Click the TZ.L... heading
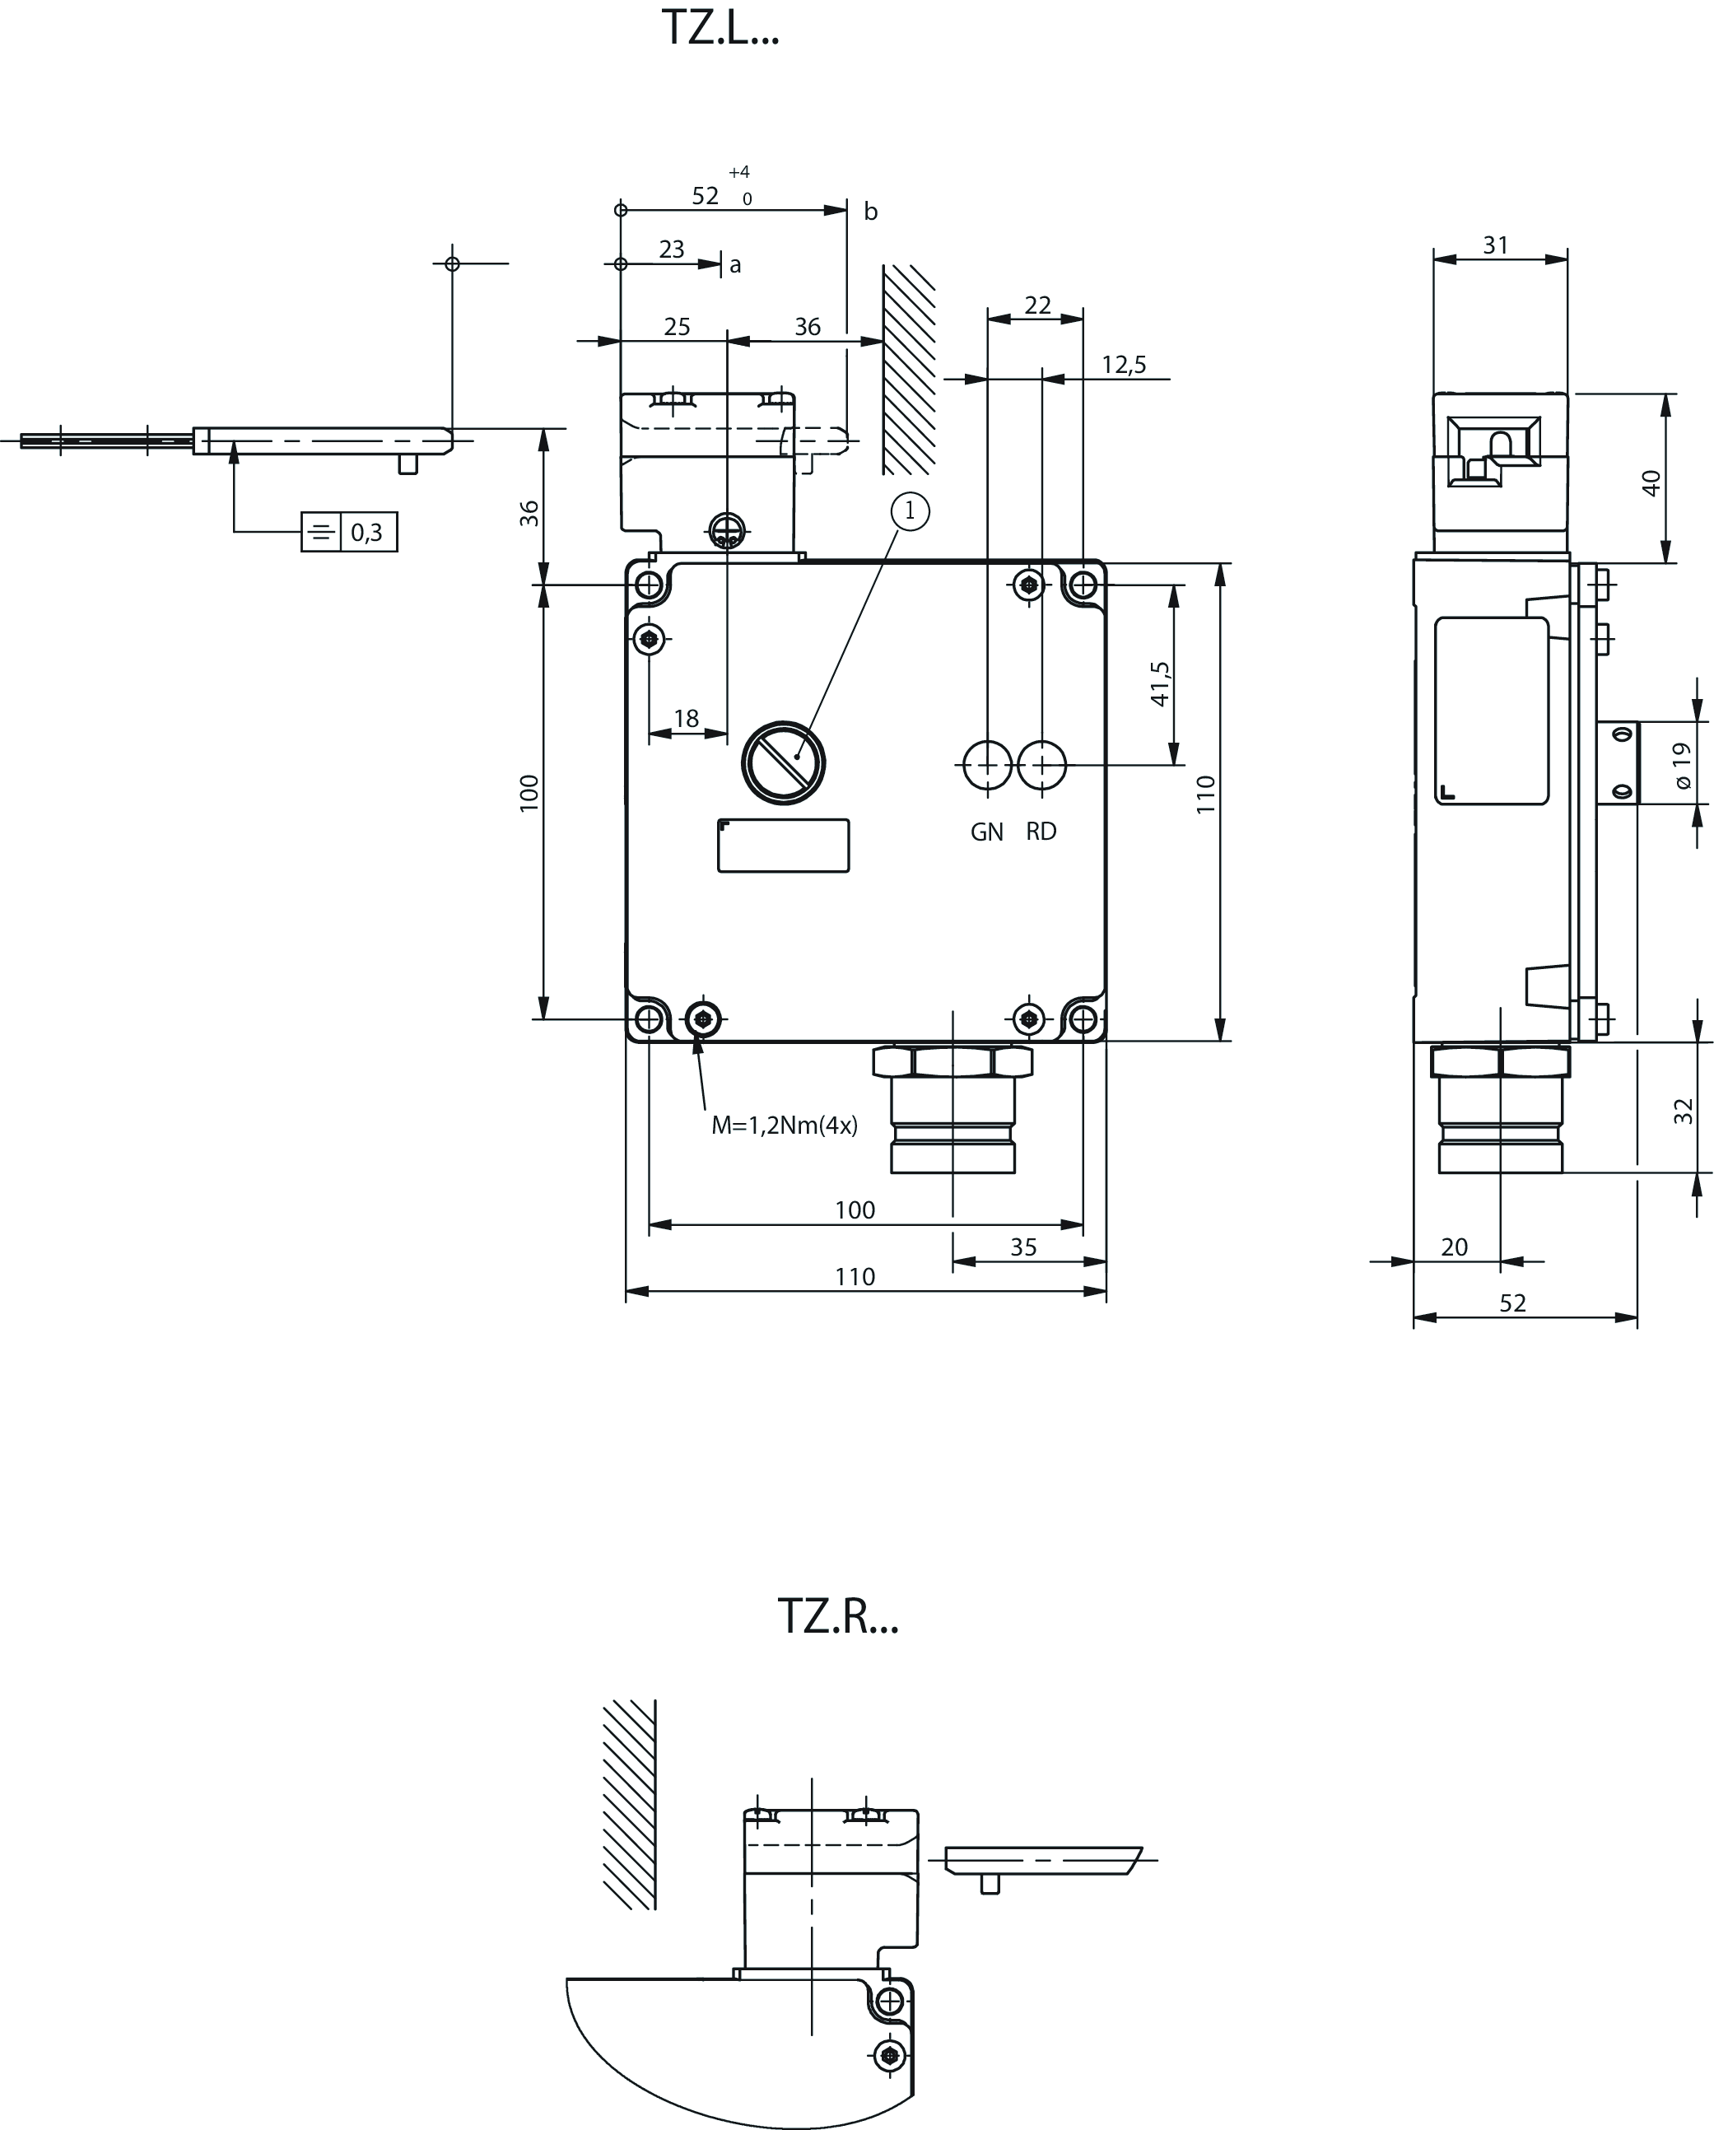(720, 29)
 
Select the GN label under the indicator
(987, 832)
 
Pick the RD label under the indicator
(1041, 832)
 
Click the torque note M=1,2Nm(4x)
(785, 1126)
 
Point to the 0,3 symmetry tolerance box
(349, 533)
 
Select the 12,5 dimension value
(1125, 366)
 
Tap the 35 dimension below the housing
(1023, 1247)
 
